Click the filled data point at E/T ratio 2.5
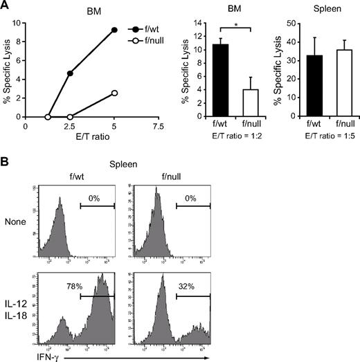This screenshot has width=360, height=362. [70, 73]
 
